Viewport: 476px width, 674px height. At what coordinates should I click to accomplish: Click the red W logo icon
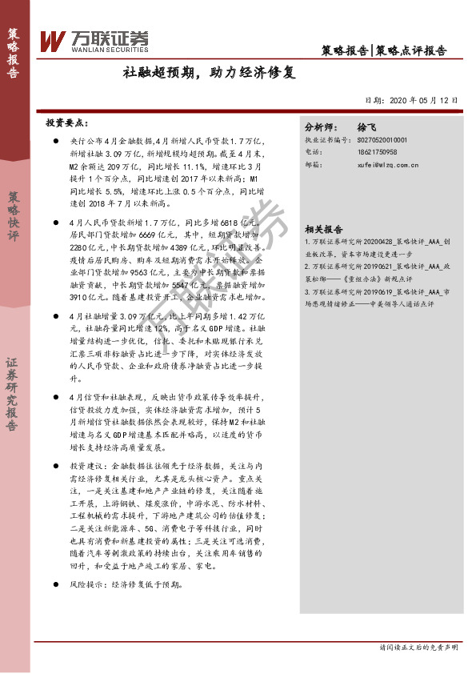click(53, 39)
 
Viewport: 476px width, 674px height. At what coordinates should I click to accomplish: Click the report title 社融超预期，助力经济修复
click(209, 73)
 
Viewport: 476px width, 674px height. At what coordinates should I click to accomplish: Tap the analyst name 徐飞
click(366, 127)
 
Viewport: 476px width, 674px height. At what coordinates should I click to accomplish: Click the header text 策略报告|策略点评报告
click(389, 50)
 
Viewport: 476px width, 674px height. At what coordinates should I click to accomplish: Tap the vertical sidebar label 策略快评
click(13, 216)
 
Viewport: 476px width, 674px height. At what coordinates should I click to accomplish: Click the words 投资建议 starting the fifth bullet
click(86, 465)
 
